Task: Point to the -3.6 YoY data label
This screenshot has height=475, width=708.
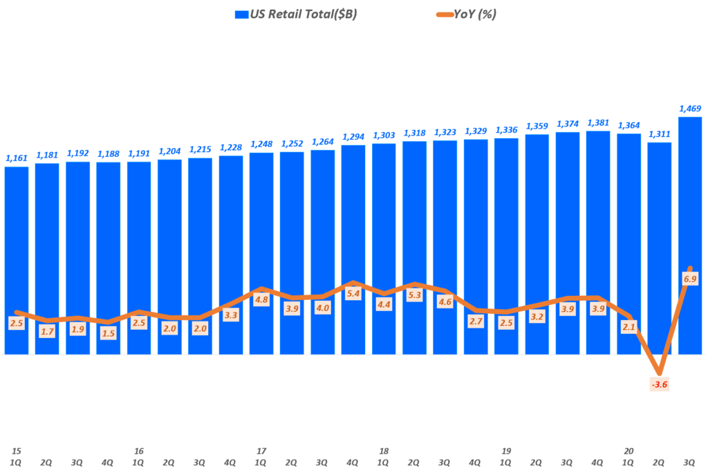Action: point(660,384)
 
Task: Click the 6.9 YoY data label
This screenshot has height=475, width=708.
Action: point(690,279)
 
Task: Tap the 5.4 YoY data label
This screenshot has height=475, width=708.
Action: point(353,294)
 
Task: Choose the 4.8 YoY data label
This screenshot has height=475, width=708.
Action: point(261,300)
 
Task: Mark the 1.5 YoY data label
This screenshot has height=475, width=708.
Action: point(109,333)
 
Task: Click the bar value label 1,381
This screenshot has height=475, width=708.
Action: point(598,123)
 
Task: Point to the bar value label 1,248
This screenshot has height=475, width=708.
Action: point(261,145)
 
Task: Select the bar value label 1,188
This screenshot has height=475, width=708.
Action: point(109,154)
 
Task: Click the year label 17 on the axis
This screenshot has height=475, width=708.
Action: point(261,451)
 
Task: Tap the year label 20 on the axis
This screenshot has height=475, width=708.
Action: point(628,451)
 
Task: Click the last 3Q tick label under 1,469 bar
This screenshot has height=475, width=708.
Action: point(690,462)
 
